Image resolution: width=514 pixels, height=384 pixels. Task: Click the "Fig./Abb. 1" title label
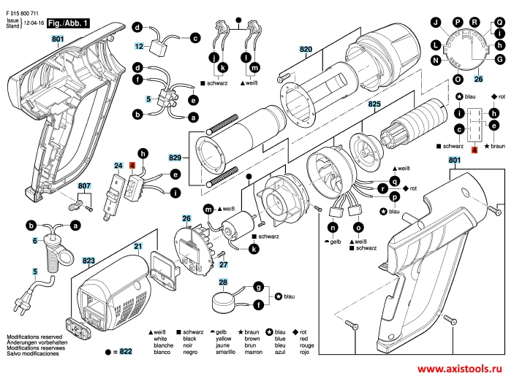[x=68, y=23]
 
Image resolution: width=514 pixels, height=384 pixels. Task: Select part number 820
[x=306, y=50]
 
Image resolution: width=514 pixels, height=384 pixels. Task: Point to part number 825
[x=374, y=104]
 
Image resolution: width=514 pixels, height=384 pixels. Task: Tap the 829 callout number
[x=175, y=158]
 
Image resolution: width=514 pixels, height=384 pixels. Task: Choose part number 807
[x=84, y=186]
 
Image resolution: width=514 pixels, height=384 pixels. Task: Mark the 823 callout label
[x=88, y=261]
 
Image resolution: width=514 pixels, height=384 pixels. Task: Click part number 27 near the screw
[x=223, y=264]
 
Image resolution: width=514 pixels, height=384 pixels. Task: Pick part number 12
[x=140, y=47]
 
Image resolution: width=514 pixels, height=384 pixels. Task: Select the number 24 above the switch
[x=118, y=166]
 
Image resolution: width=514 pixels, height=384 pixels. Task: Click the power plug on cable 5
[x=20, y=303]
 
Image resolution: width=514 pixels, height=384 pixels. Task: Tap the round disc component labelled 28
[x=223, y=302]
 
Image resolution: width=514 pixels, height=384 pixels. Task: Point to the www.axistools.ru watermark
[x=460, y=369]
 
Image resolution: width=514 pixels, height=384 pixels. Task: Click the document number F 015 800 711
[x=22, y=13]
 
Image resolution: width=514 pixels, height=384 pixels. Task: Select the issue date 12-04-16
[x=34, y=23]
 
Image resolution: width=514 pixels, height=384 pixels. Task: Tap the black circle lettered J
[x=436, y=23]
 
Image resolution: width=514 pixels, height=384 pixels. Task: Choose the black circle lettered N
[x=436, y=61]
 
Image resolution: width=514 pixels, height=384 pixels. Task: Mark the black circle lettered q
[x=395, y=181]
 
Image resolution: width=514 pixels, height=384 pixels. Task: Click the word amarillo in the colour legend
[x=225, y=353]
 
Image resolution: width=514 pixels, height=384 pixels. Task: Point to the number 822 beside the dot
[x=126, y=352]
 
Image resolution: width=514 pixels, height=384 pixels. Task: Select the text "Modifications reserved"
[x=34, y=337]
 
